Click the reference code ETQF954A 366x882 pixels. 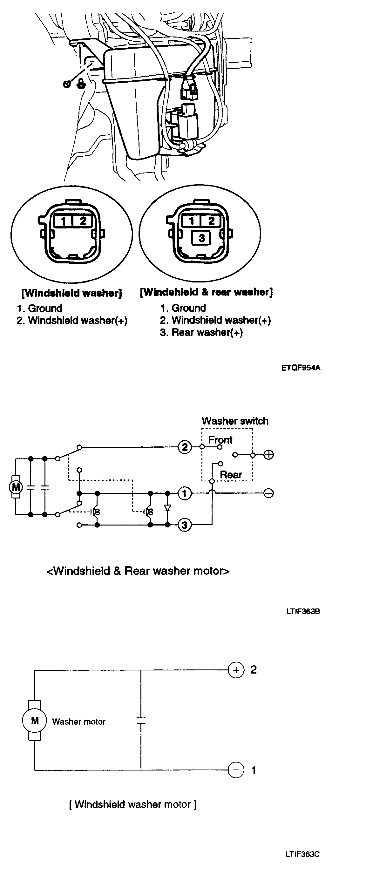point(301,368)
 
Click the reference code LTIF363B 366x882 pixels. point(303,611)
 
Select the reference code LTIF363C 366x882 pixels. point(303,854)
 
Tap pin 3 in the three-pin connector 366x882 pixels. point(202,238)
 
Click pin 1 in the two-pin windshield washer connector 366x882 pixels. point(63,221)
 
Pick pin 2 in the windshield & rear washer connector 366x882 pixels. point(211,221)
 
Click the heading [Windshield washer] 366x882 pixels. point(71,293)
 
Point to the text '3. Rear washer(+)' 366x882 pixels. point(201,332)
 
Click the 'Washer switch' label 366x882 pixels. point(235,421)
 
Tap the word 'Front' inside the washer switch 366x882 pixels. point(220,440)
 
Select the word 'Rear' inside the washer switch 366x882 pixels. point(231,475)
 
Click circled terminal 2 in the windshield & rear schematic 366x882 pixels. point(185,447)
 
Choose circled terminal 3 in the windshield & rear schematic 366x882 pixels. point(185,525)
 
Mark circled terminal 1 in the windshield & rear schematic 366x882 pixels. point(185,493)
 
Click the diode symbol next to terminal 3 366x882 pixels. point(167,508)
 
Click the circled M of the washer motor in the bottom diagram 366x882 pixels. point(35,721)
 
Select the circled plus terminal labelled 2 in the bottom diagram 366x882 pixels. point(236,670)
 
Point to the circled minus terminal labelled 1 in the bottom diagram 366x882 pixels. point(236,770)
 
